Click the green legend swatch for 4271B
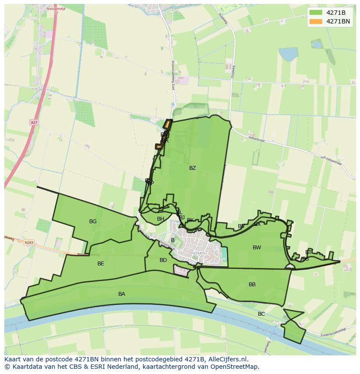point(316,12)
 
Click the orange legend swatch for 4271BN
point(316,21)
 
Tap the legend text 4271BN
point(338,21)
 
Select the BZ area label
point(193,168)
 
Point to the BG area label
point(93,222)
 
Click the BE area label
point(101,264)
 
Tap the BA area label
point(122,294)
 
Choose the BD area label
point(163,260)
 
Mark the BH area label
point(161,219)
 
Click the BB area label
point(252,285)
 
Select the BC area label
point(261,314)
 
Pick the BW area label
point(257,248)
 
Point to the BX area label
point(257,224)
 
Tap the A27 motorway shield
point(34,122)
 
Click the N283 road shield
point(29,243)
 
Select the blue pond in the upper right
point(288,54)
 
